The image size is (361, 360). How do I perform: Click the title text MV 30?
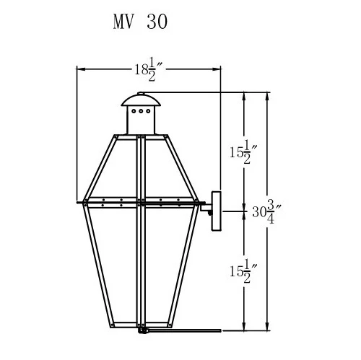[140, 22]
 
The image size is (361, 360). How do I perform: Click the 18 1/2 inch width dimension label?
[149, 69]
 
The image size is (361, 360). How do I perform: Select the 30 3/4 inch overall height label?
[266, 211]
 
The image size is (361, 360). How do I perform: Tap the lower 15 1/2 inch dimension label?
[243, 271]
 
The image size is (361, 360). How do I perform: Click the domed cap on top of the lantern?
[141, 100]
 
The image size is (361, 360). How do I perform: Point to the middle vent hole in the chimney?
[141, 111]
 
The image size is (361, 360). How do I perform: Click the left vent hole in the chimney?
[134, 111]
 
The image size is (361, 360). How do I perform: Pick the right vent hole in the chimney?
[148, 111]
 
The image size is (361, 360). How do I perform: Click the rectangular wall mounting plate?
[217, 211]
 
